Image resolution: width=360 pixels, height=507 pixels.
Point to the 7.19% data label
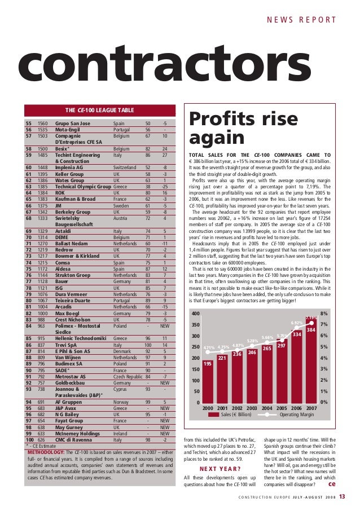[311, 318]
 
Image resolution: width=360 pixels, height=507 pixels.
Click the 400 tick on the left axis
[195, 313]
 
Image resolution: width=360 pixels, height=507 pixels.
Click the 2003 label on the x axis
[252, 407]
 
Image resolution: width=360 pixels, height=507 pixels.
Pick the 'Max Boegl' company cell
[68, 312]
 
